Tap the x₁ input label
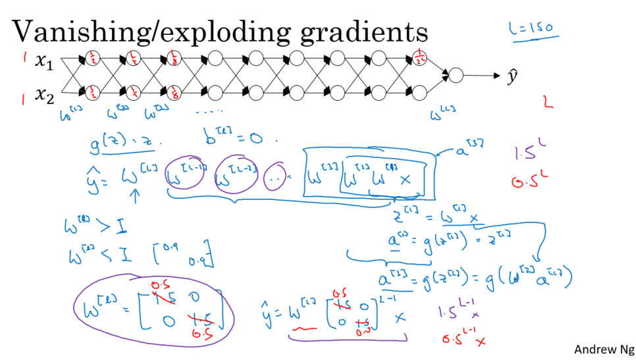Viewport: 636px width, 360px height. tap(43, 62)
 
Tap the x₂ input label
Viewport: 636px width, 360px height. tap(43, 97)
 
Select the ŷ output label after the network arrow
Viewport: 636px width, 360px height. tap(513, 76)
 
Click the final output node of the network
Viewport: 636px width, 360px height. tap(456, 76)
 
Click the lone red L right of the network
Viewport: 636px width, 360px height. tap(547, 102)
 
